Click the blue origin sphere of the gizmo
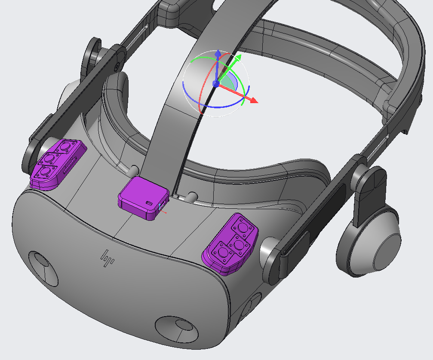pos(216,83)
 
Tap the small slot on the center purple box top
pos(149,203)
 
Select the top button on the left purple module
pos(65,147)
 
